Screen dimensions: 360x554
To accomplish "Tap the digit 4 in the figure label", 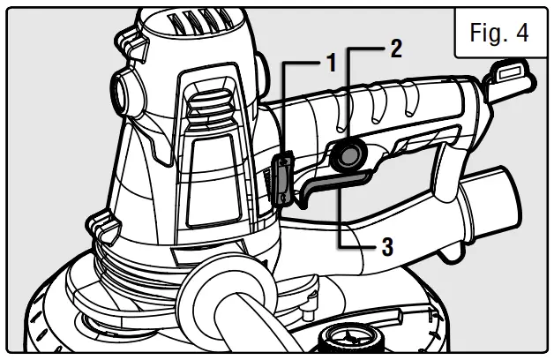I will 522,34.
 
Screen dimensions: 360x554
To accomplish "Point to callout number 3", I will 386,246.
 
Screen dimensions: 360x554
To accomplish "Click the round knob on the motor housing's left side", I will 121,88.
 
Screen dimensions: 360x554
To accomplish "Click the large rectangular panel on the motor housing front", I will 212,176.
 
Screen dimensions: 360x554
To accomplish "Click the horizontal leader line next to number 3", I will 358,247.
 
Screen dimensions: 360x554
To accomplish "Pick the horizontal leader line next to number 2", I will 366,48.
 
